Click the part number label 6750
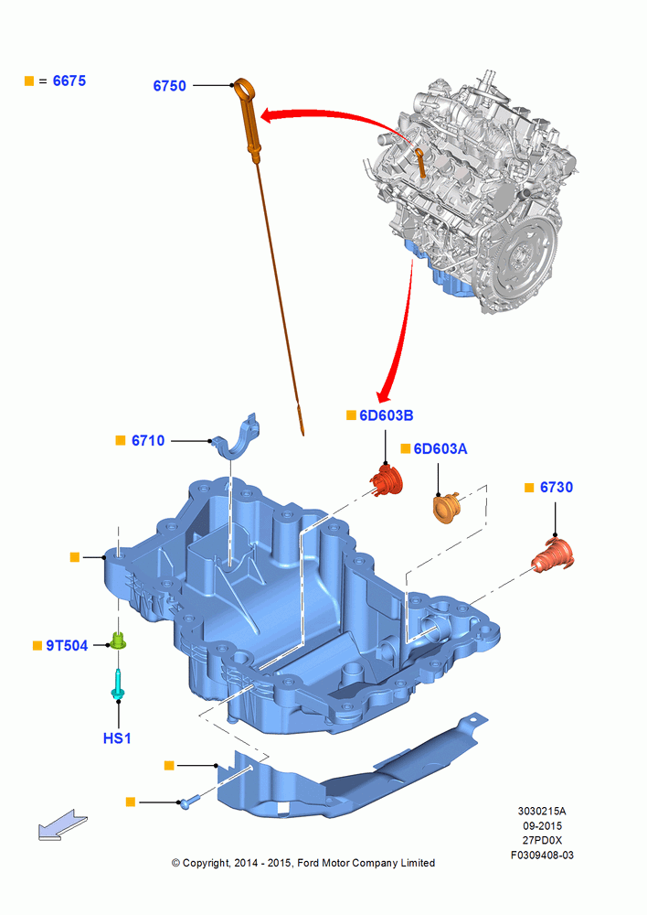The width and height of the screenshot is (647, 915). click(170, 86)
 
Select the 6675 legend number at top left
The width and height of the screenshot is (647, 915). click(69, 81)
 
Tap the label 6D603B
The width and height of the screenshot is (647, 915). click(387, 415)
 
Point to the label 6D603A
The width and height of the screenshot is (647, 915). click(440, 448)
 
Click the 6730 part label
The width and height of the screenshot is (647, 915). click(557, 488)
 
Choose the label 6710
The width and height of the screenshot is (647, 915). click(148, 441)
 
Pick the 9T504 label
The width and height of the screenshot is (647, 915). click(67, 645)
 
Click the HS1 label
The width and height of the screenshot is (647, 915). click(117, 738)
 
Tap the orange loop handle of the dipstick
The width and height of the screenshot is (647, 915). click(246, 90)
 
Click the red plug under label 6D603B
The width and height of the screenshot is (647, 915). click(387, 479)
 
